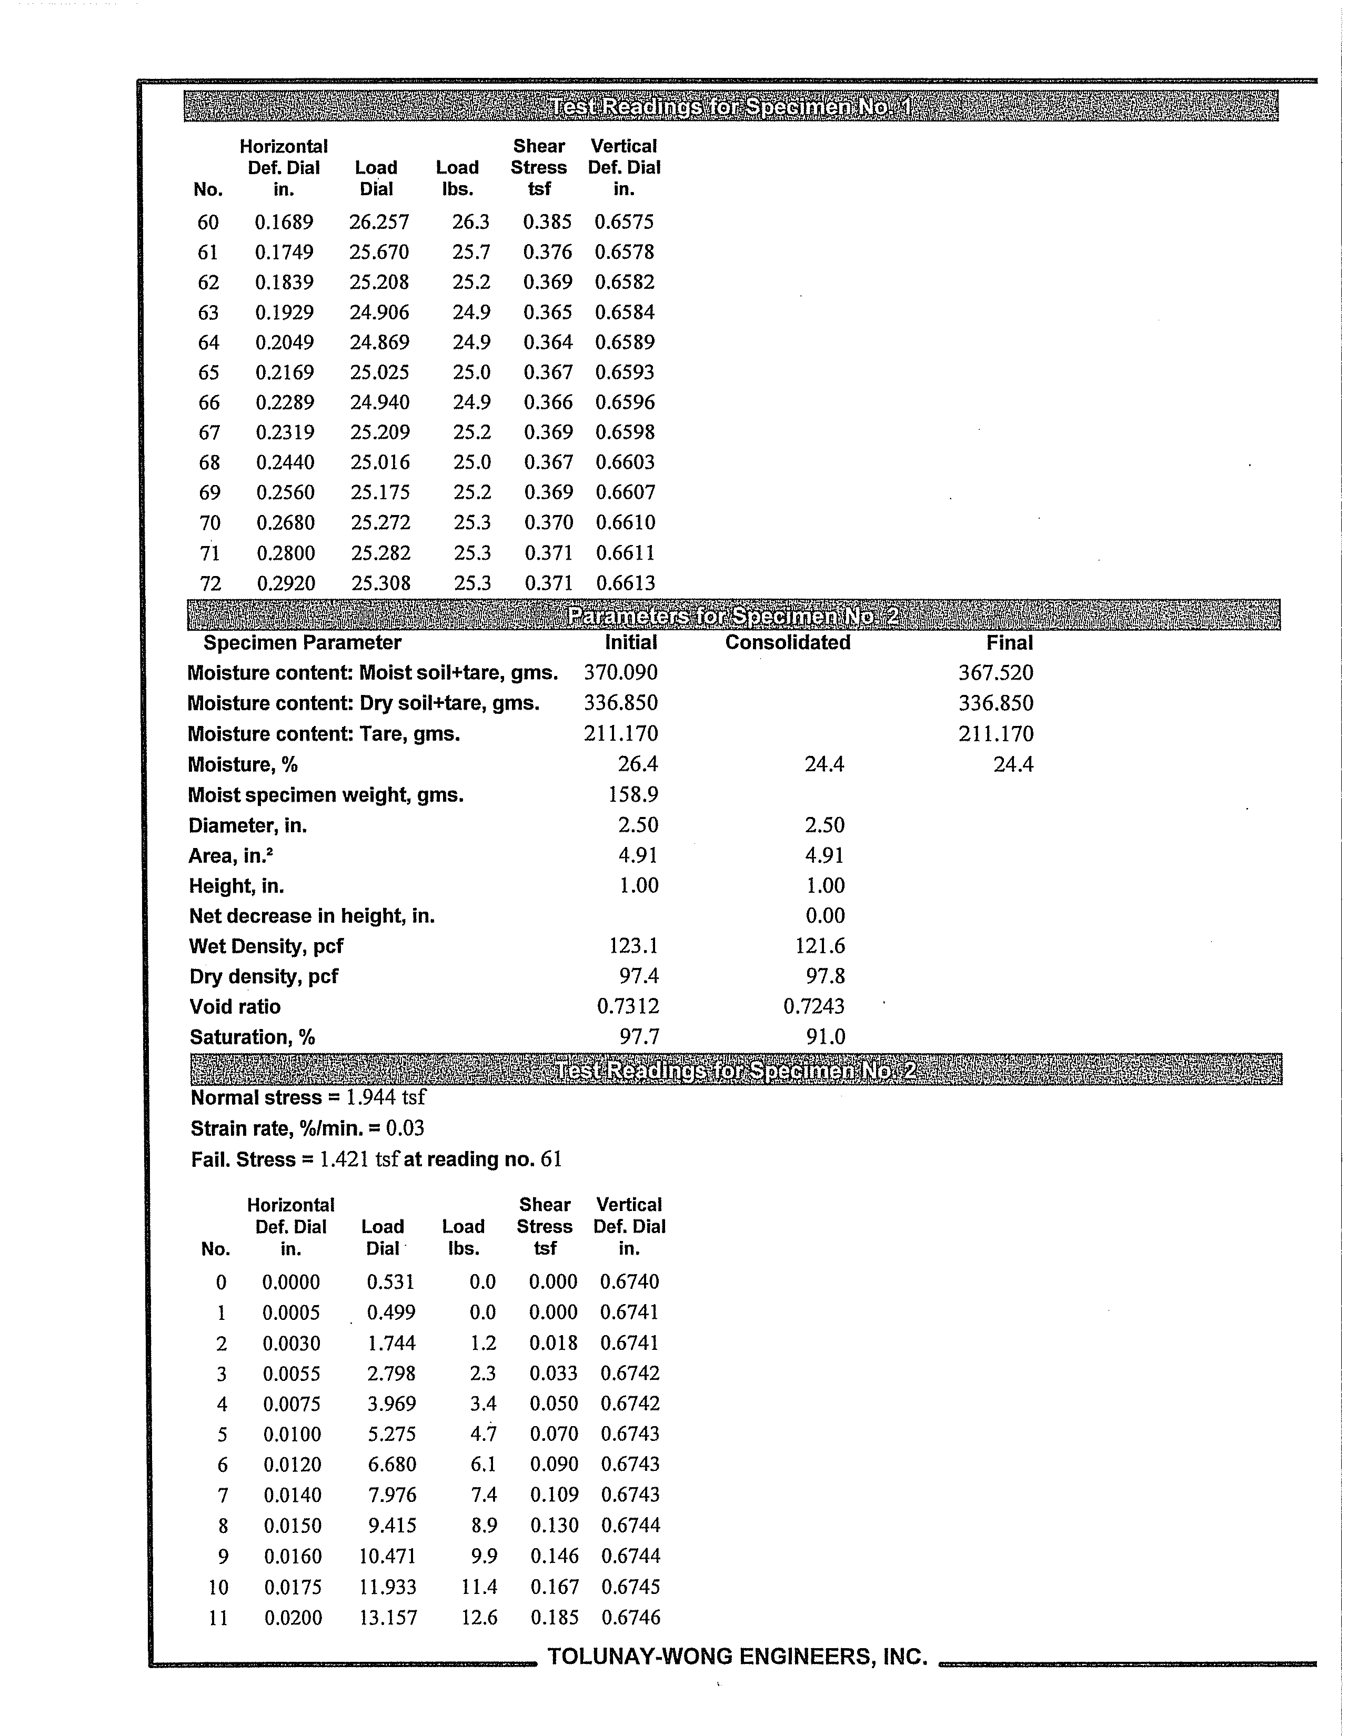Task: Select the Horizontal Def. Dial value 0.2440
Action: pos(285,462)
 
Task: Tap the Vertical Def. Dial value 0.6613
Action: pos(625,583)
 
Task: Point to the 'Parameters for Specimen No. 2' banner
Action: pos(733,616)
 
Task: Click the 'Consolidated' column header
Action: pos(787,642)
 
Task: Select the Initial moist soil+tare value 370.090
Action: pos(620,672)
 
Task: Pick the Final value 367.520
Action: pos(996,672)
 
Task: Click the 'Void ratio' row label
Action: pos(235,1007)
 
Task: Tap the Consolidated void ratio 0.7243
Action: pos(813,1006)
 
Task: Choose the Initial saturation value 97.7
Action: pos(639,1036)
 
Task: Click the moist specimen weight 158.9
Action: pos(633,794)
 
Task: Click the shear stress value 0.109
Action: pos(554,1495)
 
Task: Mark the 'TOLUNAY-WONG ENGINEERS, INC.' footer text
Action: pos(737,1657)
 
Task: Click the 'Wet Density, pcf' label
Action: pos(266,946)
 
